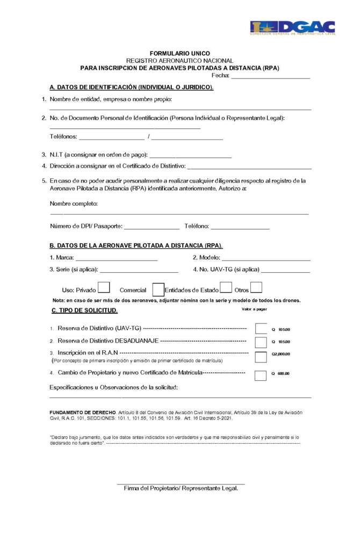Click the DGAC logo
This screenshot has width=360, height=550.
tap(292, 28)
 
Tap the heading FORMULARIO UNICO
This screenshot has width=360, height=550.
tap(180, 54)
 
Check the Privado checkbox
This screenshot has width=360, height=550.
tap(104, 288)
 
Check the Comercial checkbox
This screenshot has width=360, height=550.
tap(158, 290)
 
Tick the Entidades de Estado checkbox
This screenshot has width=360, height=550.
tap(226, 288)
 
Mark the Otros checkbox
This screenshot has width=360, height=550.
tap(256, 288)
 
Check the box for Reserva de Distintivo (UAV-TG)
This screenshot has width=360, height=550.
tap(261, 328)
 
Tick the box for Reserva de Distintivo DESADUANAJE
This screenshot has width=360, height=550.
tap(261, 342)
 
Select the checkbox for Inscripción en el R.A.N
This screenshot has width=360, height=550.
tap(261, 356)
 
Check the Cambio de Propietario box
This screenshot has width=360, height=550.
tap(261, 375)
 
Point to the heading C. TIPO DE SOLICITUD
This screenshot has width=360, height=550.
tap(84, 310)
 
